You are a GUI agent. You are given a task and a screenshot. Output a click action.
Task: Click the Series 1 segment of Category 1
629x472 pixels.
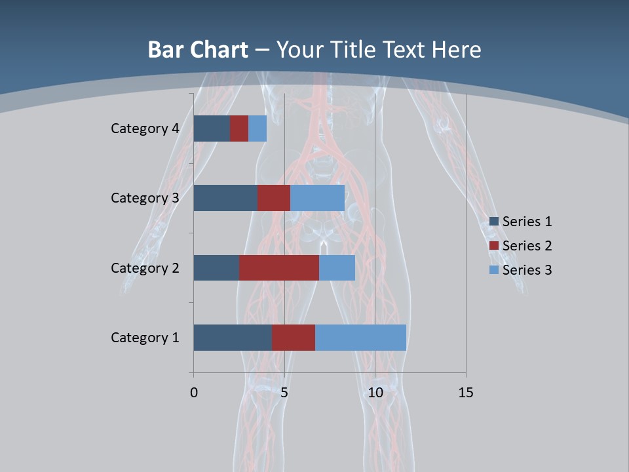pyautogui.click(x=233, y=338)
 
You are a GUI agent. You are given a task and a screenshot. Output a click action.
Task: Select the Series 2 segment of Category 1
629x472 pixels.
pyautogui.click(x=294, y=338)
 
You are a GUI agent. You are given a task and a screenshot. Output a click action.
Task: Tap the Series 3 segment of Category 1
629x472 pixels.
pyautogui.click(x=360, y=338)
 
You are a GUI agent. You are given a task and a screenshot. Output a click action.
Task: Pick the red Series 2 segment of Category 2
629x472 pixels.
pyautogui.click(x=279, y=267)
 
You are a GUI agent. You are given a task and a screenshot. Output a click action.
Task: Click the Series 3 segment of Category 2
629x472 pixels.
pyautogui.click(x=337, y=267)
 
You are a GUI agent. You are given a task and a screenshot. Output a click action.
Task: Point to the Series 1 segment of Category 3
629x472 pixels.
pyautogui.click(x=225, y=198)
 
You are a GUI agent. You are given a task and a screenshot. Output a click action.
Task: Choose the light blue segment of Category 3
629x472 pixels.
pyautogui.click(x=317, y=198)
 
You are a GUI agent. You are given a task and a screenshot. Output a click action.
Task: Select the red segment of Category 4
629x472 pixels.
pyautogui.click(x=239, y=128)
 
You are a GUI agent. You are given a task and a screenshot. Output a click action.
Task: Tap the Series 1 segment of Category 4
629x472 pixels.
pyautogui.click(x=212, y=128)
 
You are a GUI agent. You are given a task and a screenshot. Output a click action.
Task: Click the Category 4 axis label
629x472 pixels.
pyautogui.click(x=145, y=128)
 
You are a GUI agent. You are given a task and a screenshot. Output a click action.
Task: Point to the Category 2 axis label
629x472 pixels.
pyautogui.click(x=145, y=267)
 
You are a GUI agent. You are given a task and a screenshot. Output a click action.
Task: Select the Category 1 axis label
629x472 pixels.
pyautogui.click(x=145, y=338)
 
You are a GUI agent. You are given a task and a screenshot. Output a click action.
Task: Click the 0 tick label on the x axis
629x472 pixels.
pyautogui.click(x=194, y=393)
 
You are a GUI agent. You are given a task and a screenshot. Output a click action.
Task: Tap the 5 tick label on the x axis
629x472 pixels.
pyautogui.click(x=284, y=393)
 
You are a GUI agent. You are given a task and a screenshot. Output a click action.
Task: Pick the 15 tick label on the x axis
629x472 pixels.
pyautogui.click(x=465, y=393)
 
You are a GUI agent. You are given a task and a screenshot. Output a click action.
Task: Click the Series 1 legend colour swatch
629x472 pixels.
pyautogui.click(x=494, y=222)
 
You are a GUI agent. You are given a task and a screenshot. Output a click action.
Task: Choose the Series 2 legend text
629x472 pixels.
pyautogui.click(x=527, y=246)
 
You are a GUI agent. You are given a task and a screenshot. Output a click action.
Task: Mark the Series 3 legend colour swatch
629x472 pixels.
pyautogui.click(x=494, y=270)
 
